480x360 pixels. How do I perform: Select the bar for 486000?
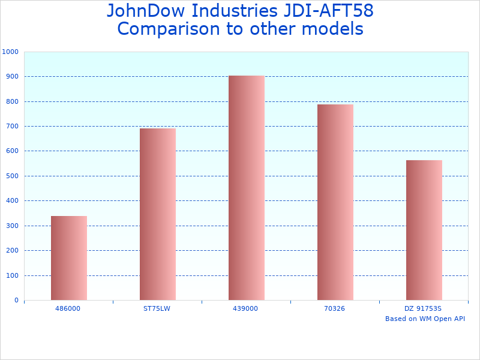tap(69, 258)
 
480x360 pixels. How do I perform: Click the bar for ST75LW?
tap(158, 214)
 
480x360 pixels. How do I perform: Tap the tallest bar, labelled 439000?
tap(247, 188)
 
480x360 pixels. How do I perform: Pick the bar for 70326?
tap(335, 202)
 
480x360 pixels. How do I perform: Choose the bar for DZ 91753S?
tap(424, 230)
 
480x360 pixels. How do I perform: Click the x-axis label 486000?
tap(68, 308)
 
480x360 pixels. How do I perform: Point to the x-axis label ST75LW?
tap(157, 308)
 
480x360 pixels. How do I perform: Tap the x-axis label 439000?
tap(246, 308)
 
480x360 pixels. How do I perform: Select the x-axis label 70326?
tap(335, 308)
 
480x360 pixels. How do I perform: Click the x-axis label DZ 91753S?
tap(424, 308)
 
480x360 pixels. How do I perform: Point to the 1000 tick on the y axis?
tap(10, 52)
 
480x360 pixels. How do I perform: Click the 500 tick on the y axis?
tap(12, 176)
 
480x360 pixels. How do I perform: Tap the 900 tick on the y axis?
tap(12, 77)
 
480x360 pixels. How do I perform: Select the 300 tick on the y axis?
tap(12, 226)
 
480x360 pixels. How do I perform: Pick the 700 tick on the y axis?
tap(12, 127)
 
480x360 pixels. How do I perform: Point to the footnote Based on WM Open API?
tap(425, 319)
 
